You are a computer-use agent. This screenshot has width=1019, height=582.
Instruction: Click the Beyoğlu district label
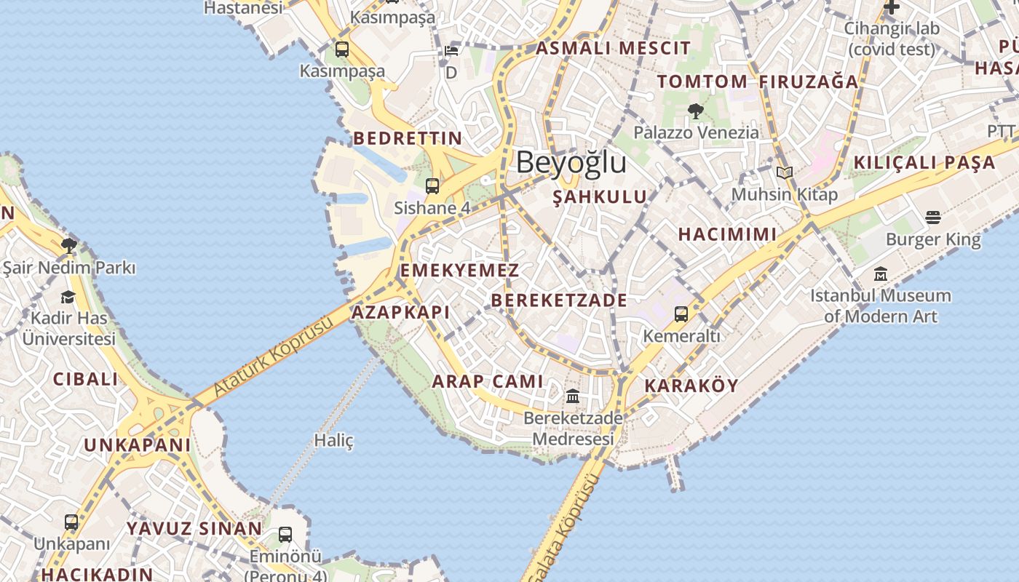[571, 162]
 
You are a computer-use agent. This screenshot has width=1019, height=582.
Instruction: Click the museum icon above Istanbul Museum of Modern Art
[881, 274]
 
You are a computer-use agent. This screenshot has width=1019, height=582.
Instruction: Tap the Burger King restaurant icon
[933, 218]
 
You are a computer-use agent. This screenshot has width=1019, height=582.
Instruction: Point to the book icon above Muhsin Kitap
[784, 173]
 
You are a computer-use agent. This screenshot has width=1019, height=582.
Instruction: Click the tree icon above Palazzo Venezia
[695, 111]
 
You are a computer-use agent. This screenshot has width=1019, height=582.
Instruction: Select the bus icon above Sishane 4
[432, 186]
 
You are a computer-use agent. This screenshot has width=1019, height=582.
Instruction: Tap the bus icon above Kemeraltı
[681, 314]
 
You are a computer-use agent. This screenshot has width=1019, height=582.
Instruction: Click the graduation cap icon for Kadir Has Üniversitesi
[68, 297]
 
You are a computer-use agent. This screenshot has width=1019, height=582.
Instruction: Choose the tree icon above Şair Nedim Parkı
[69, 245]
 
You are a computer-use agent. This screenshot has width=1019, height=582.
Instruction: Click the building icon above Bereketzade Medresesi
[573, 397]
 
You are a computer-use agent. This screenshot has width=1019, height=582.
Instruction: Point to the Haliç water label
[333, 440]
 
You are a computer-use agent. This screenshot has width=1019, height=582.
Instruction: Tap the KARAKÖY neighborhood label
[691, 386]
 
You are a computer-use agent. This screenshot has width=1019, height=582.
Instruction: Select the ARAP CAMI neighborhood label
[488, 381]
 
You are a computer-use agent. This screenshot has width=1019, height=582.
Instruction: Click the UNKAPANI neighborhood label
[138, 445]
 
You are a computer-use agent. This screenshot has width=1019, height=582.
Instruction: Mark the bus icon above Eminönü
[285, 535]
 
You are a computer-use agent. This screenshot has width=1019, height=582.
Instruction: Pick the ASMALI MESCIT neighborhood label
[613, 49]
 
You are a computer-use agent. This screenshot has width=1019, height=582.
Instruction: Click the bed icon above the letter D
[451, 51]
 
